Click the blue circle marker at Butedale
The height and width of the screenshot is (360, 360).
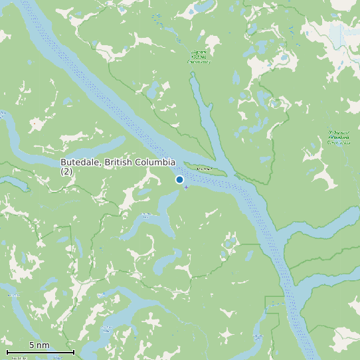pyautogui.click(x=179, y=179)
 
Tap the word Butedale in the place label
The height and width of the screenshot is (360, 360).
pyautogui.click(x=79, y=162)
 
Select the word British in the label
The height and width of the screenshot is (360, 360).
pyautogui.click(x=118, y=162)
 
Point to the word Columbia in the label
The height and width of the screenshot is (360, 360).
pyautogui.click(x=155, y=162)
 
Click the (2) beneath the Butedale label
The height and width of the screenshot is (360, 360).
pyautogui.click(x=66, y=171)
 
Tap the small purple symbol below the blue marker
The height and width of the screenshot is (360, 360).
pyautogui.click(x=186, y=187)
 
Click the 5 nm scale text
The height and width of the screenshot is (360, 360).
pyautogui.click(x=39, y=345)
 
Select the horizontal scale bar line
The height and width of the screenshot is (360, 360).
pyautogui.click(x=40, y=352)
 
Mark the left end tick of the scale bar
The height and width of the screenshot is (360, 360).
pyautogui.click(x=7, y=351)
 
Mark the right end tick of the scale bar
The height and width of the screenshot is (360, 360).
pyautogui.click(x=73, y=351)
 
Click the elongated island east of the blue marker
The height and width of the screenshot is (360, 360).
pyautogui.click(x=203, y=168)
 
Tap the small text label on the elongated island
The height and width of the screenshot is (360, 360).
pyautogui.click(x=203, y=168)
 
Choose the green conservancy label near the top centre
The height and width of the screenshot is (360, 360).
pyautogui.click(x=199, y=56)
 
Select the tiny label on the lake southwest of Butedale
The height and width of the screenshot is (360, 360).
pyautogui.click(x=146, y=215)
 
